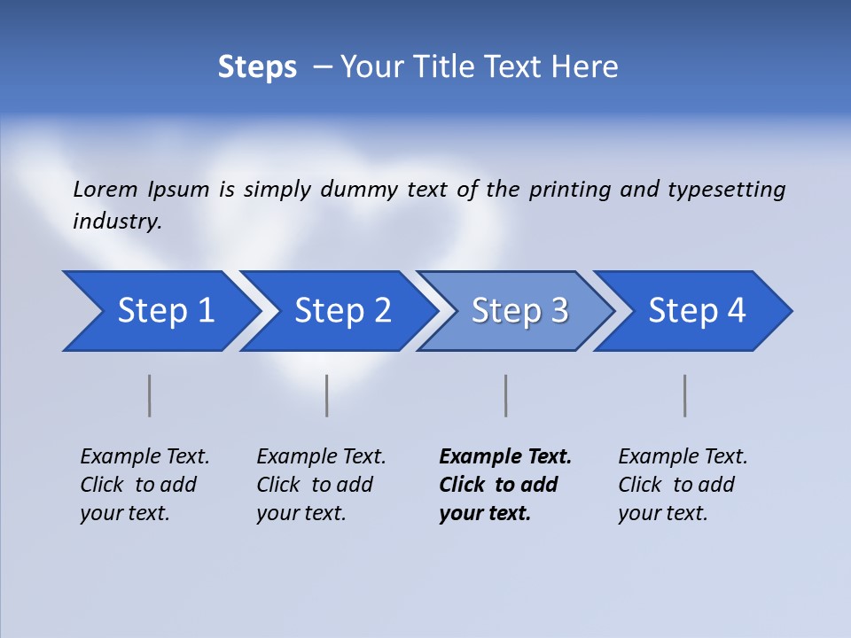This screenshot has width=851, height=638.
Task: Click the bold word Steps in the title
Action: click(x=257, y=67)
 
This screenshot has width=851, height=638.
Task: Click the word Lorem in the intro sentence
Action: click(x=105, y=189)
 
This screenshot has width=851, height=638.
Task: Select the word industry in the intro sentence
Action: click(x=117, y=221)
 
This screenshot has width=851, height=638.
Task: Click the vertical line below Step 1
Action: click(x=150, y=395)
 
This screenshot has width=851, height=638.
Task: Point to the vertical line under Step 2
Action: click(x=327, y=395)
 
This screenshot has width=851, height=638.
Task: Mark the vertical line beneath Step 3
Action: click(x=505, y=395)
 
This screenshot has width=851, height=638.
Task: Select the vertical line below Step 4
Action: click(x=684, y=395)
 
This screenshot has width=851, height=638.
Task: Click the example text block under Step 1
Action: click(x=144, y=485)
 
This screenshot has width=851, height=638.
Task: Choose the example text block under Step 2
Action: click(x=321, y=485)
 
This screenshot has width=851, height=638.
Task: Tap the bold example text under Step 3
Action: click(x=505, y=485)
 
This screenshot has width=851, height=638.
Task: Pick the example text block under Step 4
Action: click(x=683, y=485)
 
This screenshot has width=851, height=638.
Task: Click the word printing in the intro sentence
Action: click(x=570, y=189)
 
